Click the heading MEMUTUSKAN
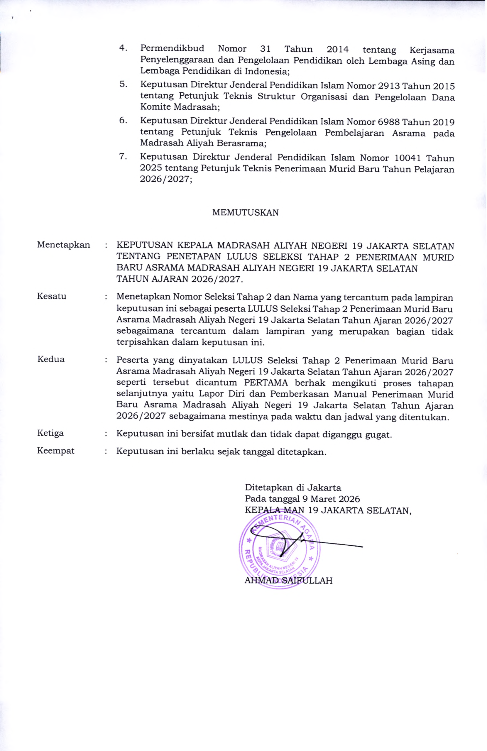pyautogui.click(x=245, y=213)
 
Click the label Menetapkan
pyautogui.click(x=63, y=245)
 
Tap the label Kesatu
pyautogui.click(x=52, y=296)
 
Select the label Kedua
pyautogui.click(x=51, y=359)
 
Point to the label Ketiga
pyautogui.click(x=50, y=433)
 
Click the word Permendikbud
pyautogui.click(x=172, y=49)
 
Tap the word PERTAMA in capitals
pyautogui.click(x=266, y=383)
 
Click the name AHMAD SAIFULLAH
pyautogui.click(x=288, y=581)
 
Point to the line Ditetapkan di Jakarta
pyautogui.click(x=293, y=488)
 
